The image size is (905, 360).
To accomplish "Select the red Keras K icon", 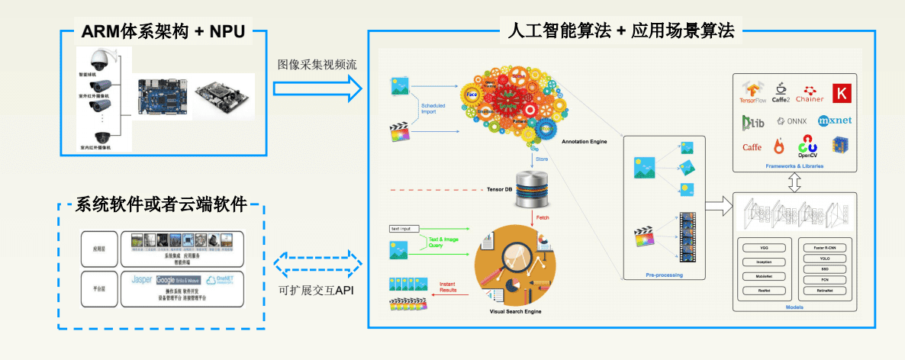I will (842, 92).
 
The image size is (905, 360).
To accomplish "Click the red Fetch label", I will (543, 217).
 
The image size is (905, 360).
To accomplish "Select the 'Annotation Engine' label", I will (584, 142).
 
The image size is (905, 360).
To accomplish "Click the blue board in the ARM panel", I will (159, 96).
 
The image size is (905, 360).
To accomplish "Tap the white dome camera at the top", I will (100, 58).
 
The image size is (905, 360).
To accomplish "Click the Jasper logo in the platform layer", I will (142, 279).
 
